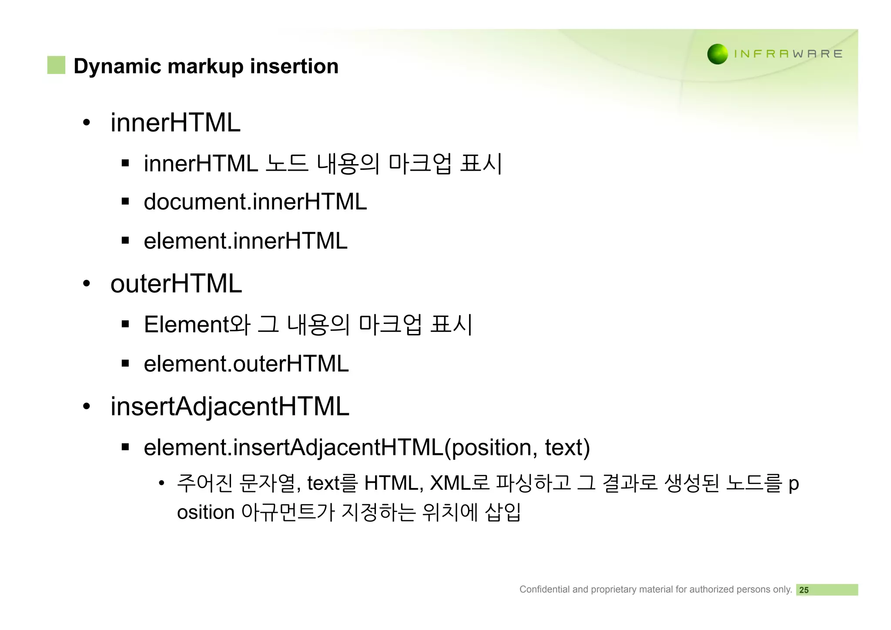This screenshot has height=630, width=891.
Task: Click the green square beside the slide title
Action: pos(56,65)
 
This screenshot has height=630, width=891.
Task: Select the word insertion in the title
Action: pos(294,66)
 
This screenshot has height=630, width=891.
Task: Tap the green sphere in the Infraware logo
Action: pos(717,54)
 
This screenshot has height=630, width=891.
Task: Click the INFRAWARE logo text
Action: pos(788,54)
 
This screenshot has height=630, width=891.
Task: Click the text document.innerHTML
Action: pos(255,202)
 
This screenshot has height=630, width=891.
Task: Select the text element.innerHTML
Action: pos(245,241)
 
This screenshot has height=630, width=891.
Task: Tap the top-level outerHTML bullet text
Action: pos(176,283)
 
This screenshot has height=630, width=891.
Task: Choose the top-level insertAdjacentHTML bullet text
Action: pos(230,406)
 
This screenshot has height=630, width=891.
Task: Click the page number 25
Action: pos(804,590)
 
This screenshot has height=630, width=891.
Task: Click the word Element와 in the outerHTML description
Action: pos(197,324)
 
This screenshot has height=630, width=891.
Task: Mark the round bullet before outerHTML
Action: pos(87,284)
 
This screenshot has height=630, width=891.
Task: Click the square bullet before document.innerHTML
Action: pos(125,202)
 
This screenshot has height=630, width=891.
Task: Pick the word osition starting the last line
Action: pos(206,512)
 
